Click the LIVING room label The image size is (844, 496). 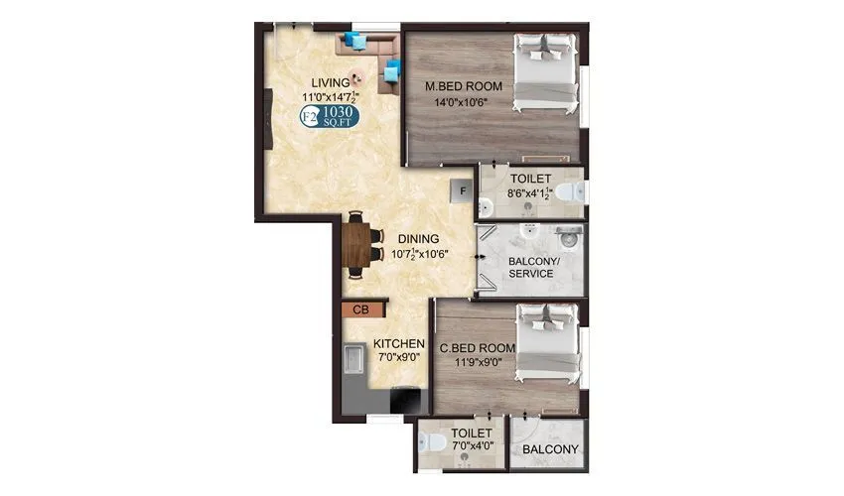click(331, 81)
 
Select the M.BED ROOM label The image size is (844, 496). click(464, 86)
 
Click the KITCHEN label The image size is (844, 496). click(399, 343)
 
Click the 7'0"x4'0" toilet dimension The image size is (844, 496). click(470, 447)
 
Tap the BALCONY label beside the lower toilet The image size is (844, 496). click(550, 447)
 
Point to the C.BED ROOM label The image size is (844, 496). click(477, 347)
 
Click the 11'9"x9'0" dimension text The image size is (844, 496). click(477, 362)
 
